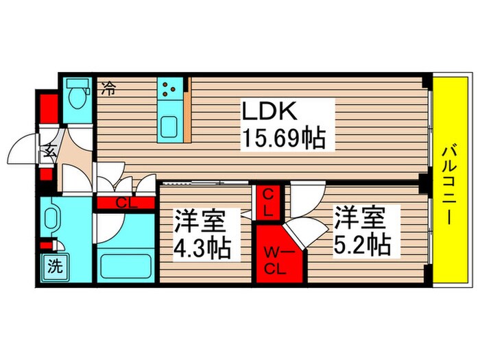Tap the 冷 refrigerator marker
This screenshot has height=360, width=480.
point(108,88)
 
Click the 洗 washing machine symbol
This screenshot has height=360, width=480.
point(53,265)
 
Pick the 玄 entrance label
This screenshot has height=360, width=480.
point(52,151)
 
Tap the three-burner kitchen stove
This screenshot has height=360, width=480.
point(170,88)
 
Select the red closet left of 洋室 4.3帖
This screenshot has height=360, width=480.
point(125,202)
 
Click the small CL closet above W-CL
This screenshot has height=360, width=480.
point(267,203)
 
